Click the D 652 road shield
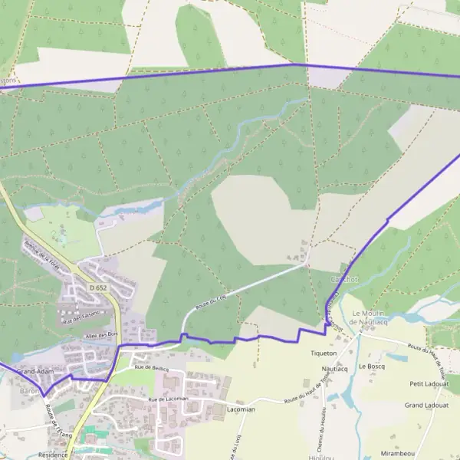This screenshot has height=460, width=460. point(97,287)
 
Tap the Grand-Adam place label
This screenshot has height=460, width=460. point(34,371)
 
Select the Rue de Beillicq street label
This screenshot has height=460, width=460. point(151,369)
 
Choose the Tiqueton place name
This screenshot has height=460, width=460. point(324,353)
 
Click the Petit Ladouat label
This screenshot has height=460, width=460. point(427,383)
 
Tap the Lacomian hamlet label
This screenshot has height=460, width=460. point(241,409)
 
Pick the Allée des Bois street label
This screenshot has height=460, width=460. point(102,334)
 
